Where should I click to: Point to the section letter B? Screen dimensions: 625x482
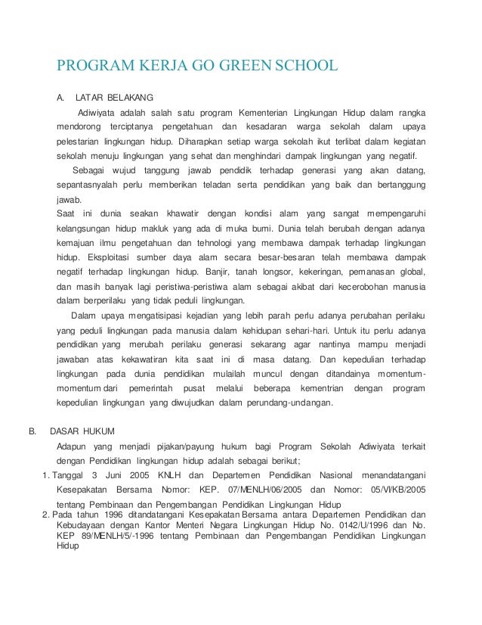tap(32, 431)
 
